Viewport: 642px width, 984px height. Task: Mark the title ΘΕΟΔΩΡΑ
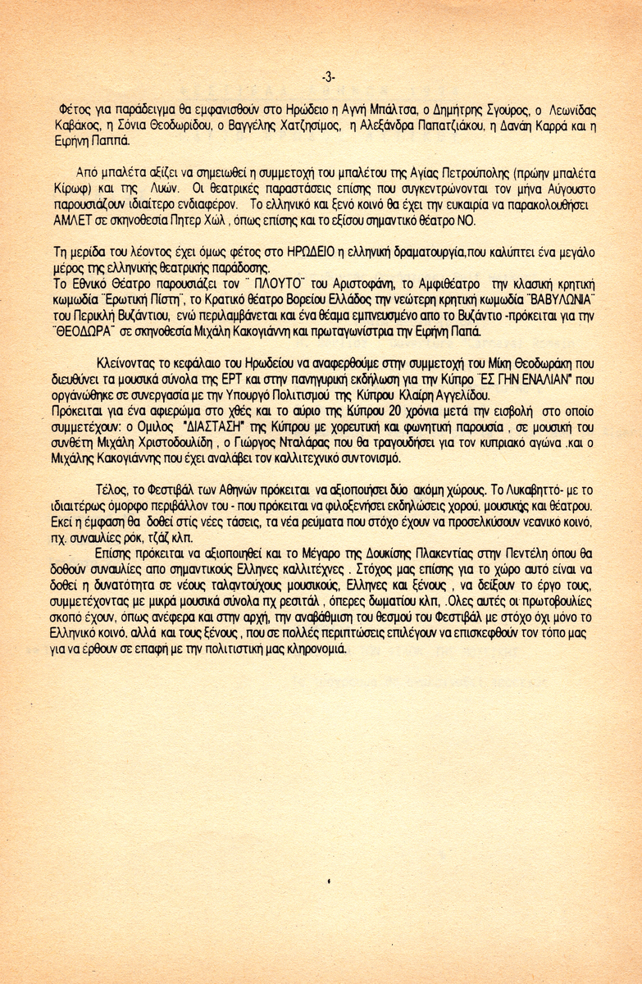coord(89,331)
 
